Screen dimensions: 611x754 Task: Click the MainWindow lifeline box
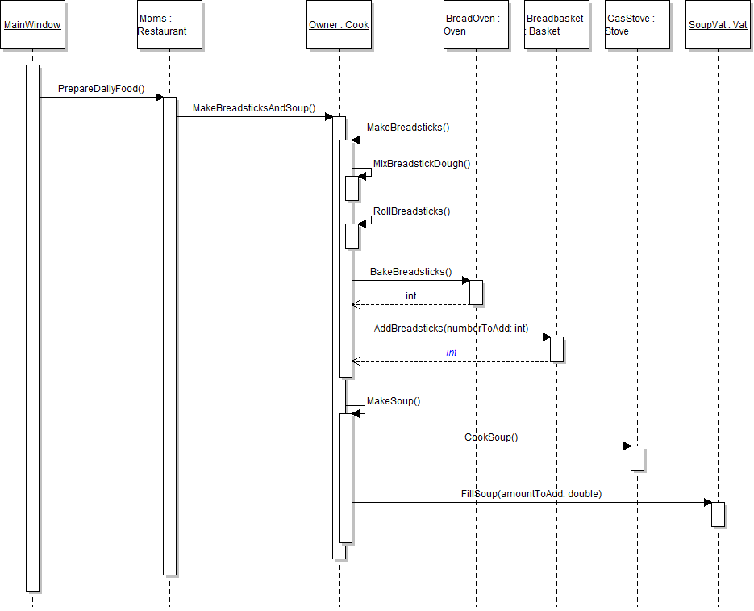(x=32, y=25)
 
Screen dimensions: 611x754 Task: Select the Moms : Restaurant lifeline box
(x=169, y=25)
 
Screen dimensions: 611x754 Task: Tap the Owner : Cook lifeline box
(x=339, y=25)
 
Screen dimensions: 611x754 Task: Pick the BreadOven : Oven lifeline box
(x=476, y=25)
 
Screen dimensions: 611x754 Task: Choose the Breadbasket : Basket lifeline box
(x=556, y=25)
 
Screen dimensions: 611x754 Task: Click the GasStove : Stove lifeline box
(x=637, y=25)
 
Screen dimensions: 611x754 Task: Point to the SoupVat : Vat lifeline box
(x=718, y=25)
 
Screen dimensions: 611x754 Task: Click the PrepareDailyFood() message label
(x=101, y=88)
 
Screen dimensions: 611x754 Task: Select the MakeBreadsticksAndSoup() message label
(x=253, y=108)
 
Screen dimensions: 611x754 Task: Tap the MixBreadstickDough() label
(x=421, y=164)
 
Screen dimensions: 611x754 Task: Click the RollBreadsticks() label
(x=411, y=211)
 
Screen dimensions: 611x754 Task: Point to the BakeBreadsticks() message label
(x=410, y=272)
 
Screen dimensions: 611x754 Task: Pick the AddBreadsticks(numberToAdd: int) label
(x=451, y=329)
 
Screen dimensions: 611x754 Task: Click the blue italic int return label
(x=452, y=353)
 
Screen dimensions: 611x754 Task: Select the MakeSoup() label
(x=394, y=401)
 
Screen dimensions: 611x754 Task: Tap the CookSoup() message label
(x=491, y=437)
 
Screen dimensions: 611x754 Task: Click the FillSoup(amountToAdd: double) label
(x=531, y=493)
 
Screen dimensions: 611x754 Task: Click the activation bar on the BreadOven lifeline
(x=476, y=292)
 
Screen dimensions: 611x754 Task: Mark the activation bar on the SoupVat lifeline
(x=718, y=514)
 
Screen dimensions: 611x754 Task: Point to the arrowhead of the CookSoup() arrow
(x=627, y=446)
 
